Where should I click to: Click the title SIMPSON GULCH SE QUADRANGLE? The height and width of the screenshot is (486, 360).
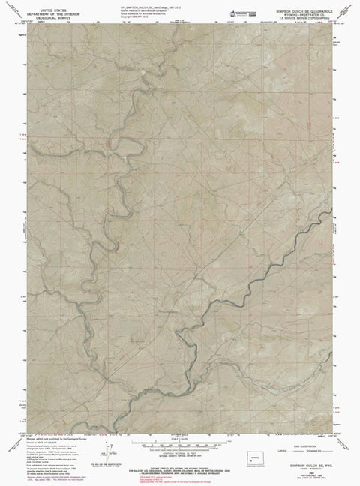[x=301, y=4]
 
